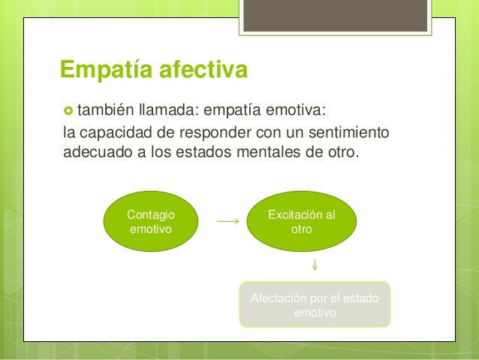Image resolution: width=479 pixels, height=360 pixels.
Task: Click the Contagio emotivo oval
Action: tap(150, 222)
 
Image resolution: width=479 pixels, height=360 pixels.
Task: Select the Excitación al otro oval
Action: tap(302, 222)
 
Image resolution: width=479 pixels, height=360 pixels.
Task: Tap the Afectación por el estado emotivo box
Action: tap(315, 305)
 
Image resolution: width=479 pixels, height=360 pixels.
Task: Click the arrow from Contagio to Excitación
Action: tap(227, 222)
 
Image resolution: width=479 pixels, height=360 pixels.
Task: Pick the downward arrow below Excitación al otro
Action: tap(315, 265)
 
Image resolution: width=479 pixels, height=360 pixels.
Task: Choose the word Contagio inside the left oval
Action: tap(150, 216)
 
